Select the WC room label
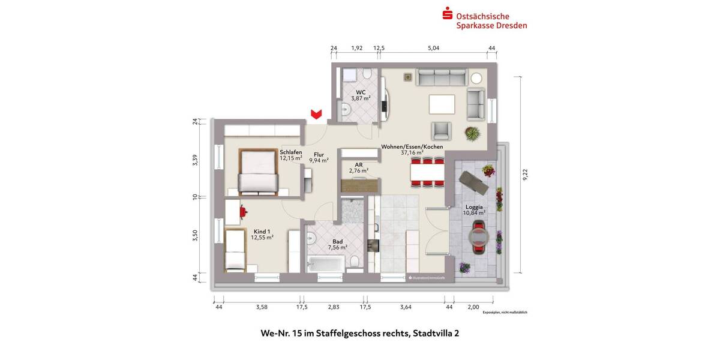point(361,92)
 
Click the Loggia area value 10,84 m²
point(474,212)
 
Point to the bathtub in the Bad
point(326,263)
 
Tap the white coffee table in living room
point(442,104)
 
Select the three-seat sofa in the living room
point(442,77)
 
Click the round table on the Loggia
point(478,235)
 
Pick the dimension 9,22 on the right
point(525,174)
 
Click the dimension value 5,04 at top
point(433,48)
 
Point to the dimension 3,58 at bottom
point(261,307)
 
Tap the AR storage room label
point(359,164)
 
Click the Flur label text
point(319,154)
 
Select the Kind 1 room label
point(262,231)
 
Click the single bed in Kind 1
point(235,250)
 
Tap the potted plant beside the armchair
point(472,133)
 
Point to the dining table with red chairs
point(427,172)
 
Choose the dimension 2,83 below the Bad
point(334,307)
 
